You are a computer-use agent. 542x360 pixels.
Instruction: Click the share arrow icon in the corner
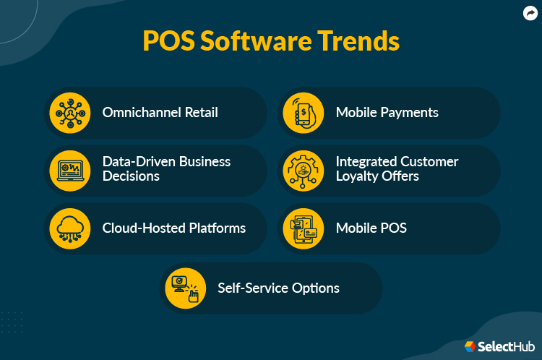[x=530, y=12]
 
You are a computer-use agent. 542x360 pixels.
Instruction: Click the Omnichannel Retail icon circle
[x=70, y=113]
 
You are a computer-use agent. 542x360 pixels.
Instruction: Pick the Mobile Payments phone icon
[x=304, y=113]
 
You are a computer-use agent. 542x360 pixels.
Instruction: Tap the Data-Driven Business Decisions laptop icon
[x=70, y=170]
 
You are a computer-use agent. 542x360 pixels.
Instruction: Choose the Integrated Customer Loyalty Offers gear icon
[x=304, y=170]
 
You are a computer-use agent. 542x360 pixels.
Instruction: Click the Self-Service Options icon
[x=186, y=288]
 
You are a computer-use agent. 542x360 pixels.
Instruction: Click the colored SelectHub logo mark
[x=470, y=347]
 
